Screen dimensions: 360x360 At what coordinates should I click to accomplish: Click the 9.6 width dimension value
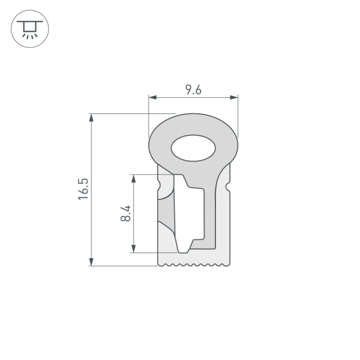[193, 90]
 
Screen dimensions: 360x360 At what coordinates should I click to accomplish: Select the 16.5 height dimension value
[83, 189]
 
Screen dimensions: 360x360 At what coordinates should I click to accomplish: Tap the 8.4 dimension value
[125, 214]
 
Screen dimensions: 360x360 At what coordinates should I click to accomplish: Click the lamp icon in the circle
[28, 29]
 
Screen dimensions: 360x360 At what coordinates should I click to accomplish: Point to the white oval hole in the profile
[193, 148]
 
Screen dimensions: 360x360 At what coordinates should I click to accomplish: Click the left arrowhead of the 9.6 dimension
[152, 97]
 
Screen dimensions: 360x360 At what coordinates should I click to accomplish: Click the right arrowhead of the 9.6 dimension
[235, 97]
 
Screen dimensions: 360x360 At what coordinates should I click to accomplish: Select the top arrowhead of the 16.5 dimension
[91, 118]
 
